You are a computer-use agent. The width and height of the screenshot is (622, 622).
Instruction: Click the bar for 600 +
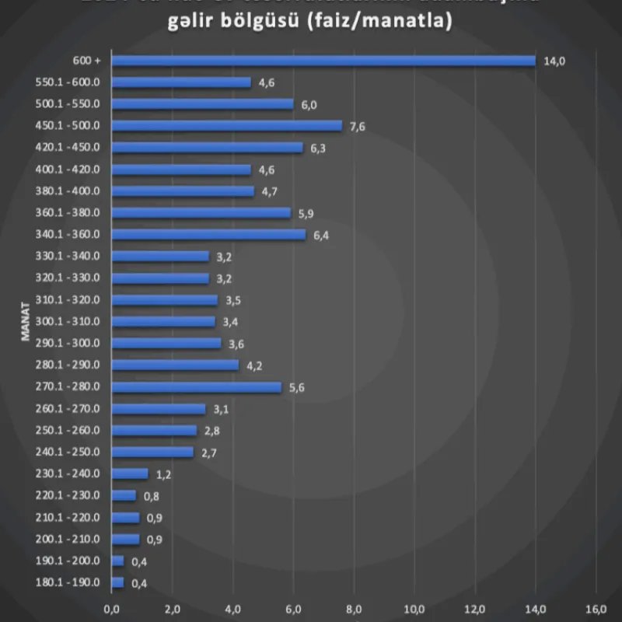tap(323, 61)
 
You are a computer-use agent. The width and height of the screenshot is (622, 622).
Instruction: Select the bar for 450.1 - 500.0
tap(226, 126)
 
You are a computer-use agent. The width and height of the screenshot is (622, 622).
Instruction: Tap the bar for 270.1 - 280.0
tap(196, 387)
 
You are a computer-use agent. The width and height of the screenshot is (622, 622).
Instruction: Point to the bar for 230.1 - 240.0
tap(130, 473)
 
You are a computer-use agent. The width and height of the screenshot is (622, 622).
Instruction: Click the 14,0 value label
tap(554, 61)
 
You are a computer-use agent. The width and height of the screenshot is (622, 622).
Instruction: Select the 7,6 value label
tap(358, 127)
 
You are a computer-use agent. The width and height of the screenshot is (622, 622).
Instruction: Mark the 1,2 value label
tap(163, 474)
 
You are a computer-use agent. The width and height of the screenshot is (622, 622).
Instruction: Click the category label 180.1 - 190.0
tap(68, 582)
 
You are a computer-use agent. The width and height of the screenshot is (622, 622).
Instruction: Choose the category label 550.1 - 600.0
tap(68, 82)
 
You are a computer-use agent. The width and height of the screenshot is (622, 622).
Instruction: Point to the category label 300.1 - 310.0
tap(68, 321)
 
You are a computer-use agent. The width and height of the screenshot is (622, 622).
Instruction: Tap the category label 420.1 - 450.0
tap(68, 147)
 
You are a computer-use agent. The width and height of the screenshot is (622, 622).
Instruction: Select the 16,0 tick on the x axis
tap(596, 609)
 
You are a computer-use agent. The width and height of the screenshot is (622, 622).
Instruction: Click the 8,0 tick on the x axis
tap(354, 609)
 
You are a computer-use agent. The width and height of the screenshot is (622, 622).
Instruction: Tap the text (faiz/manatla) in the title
tap(379, 23)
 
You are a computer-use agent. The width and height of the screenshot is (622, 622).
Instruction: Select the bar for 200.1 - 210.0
tap(125, 539)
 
